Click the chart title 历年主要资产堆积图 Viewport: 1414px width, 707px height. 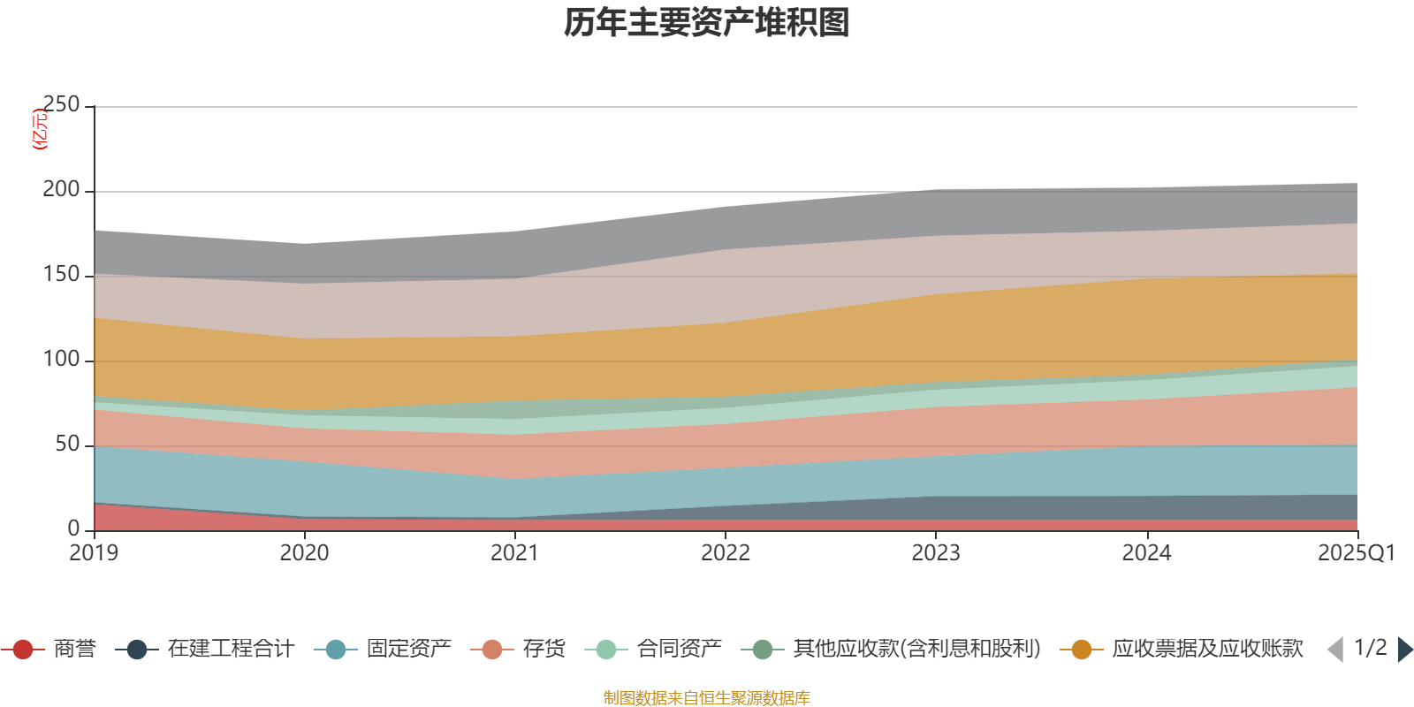pos(707,23)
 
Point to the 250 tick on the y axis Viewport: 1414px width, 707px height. pos(61,105)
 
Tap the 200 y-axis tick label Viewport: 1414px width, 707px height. pos(61,190)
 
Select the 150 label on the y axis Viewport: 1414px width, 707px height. pos(61,275)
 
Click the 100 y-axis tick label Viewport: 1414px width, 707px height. pos(61,360)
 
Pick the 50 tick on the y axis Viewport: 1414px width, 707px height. pos(67,445)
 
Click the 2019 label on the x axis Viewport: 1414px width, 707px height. pos(95,553)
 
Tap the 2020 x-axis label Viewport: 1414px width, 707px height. pos(305,553)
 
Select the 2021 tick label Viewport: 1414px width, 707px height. pos(515,553)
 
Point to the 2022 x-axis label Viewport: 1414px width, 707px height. pos(726,553)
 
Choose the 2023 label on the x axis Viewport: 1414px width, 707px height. pos(936,553)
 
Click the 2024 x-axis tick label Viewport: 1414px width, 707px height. pos(1146,553)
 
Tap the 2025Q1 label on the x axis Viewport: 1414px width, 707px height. pos(1356,553)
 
